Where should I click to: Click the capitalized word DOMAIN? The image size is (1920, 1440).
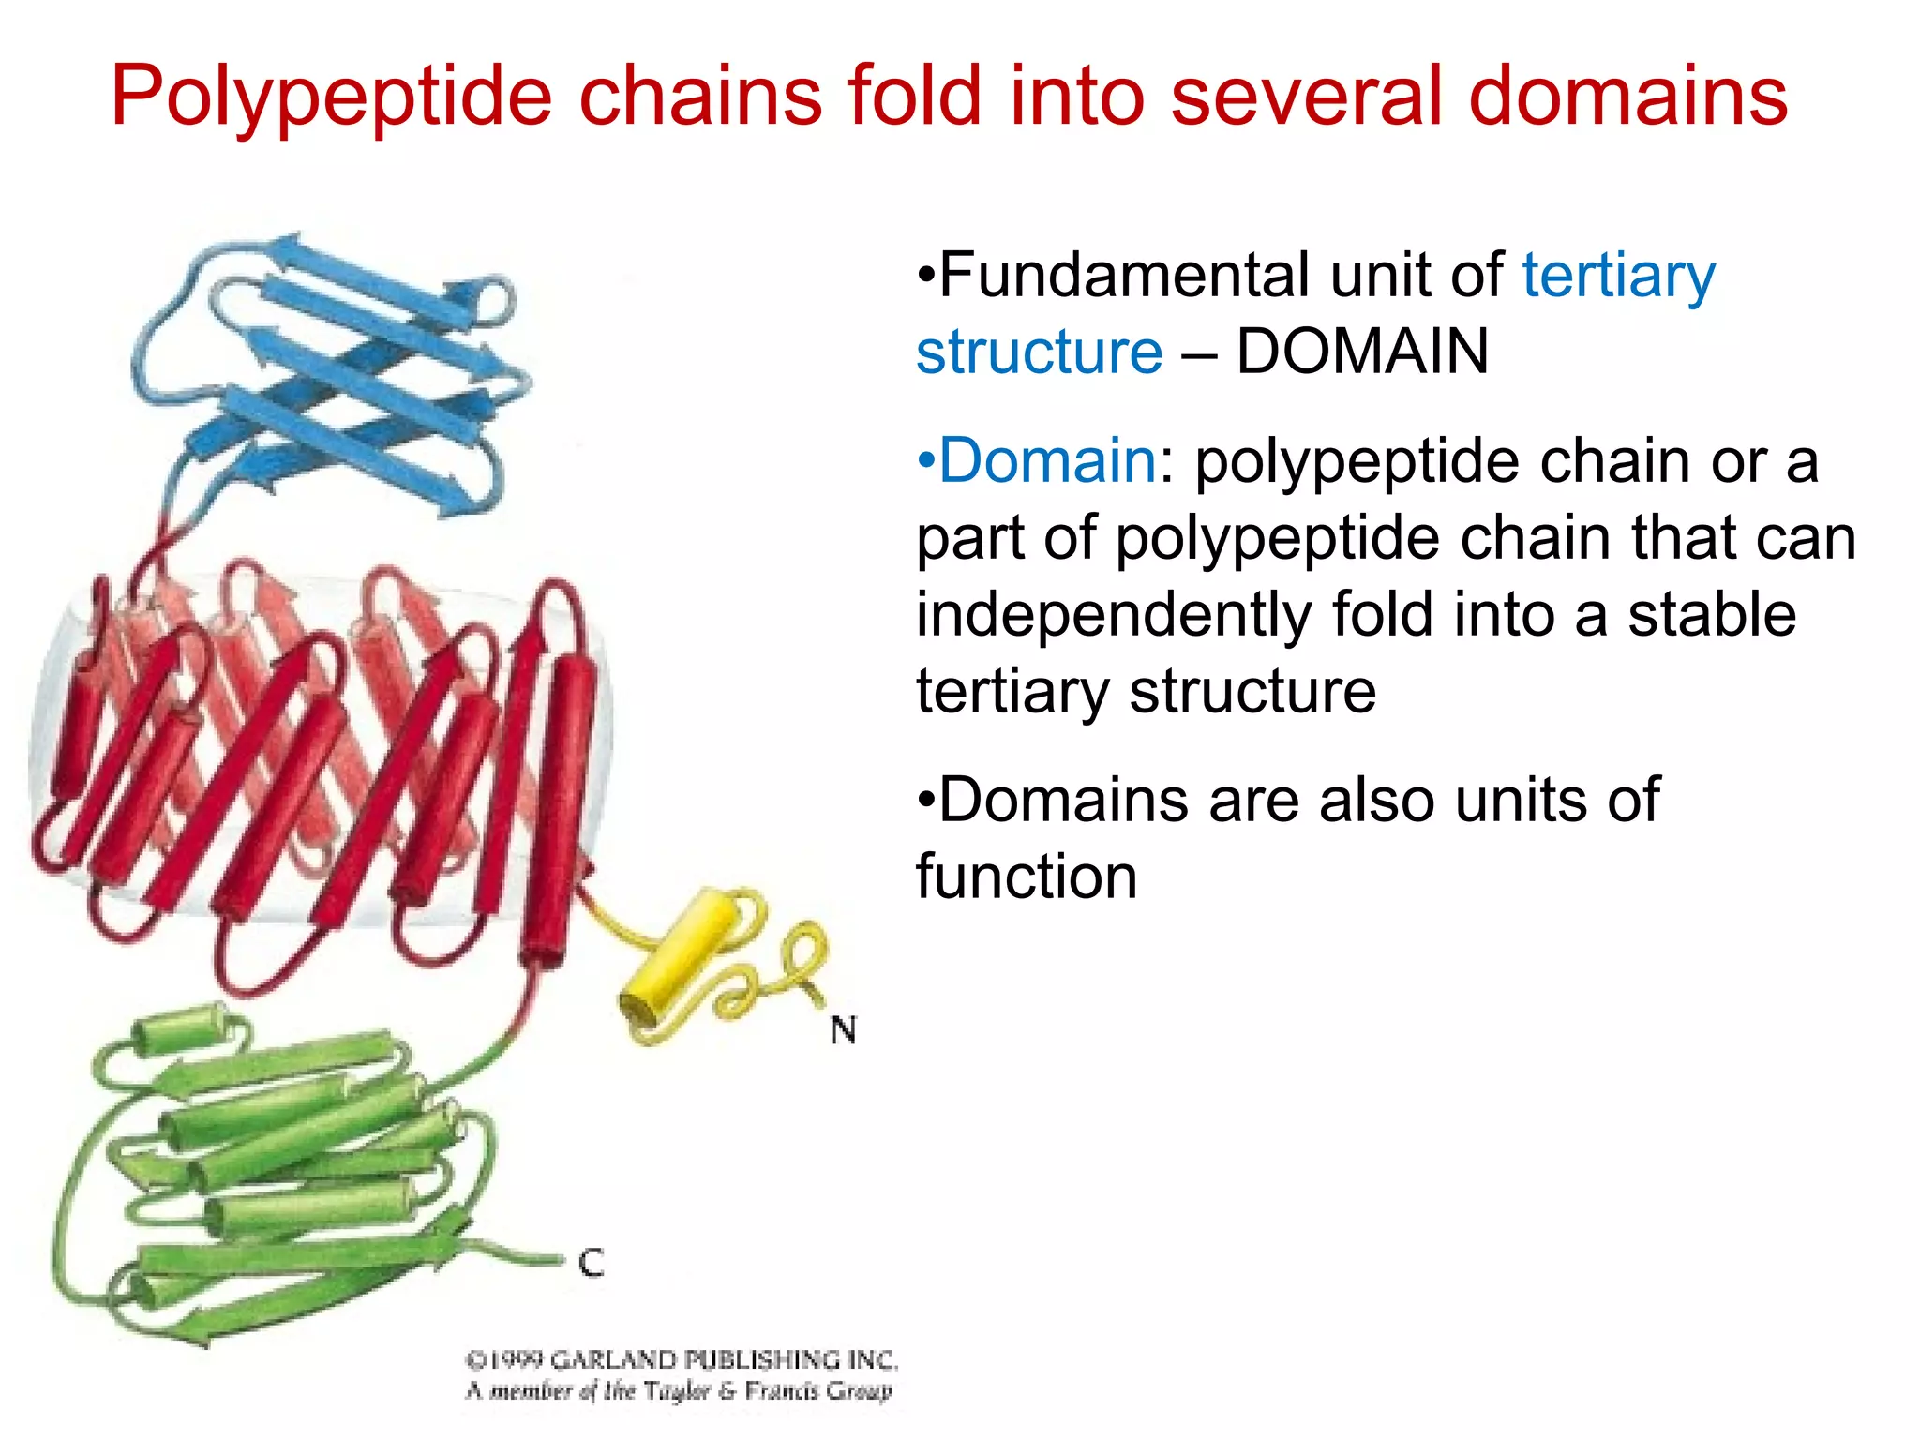pyautogui.click(x=1361, y=352)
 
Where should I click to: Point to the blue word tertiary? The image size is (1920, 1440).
pyautogui.click(x=1618, y=277)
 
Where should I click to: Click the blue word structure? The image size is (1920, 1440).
pyautogui.click(x=1039, y=352)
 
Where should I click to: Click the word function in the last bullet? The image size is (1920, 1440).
pyautogui.click(x=1027, y=877)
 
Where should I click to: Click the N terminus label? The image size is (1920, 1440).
pyautogui.click(x=843, y=1030)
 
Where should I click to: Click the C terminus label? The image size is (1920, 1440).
pyautogui.click(x=591, y=1263)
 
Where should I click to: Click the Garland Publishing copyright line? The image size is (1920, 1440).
pyautogui.click(x=682, y=1360)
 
